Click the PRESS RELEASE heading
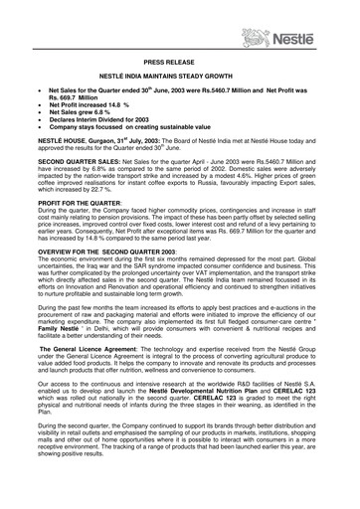(x=180, y=63)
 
